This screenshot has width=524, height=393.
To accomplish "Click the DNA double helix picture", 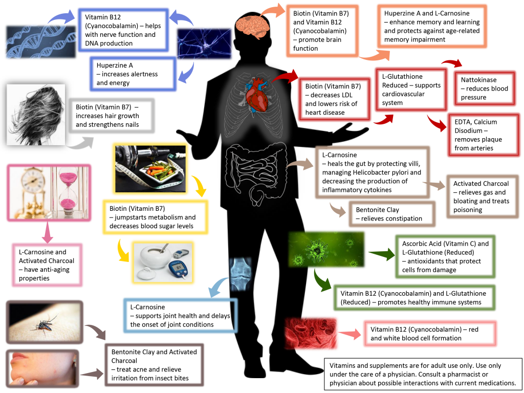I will click(30, 41).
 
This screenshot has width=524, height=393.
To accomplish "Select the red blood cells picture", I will click(311, 333).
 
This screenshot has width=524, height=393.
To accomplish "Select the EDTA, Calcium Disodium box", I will click(483, 135).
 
